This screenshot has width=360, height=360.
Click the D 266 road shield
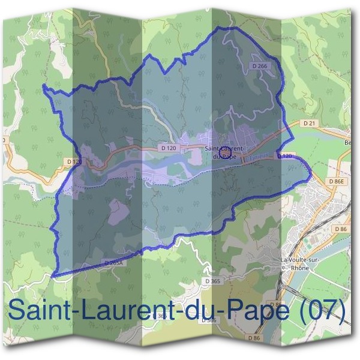click(x=259, y=67)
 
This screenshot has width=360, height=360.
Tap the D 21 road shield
click(x=309, y=123)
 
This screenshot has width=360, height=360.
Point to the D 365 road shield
click(x=212, y=281)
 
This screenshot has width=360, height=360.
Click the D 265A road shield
click(x=113, y=263)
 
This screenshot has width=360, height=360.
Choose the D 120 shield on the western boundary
click(x=74, y=161)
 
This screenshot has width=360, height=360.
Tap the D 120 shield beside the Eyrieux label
click(x=286, y=156)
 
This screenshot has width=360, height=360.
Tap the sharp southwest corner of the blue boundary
click(x=53, y=277)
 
